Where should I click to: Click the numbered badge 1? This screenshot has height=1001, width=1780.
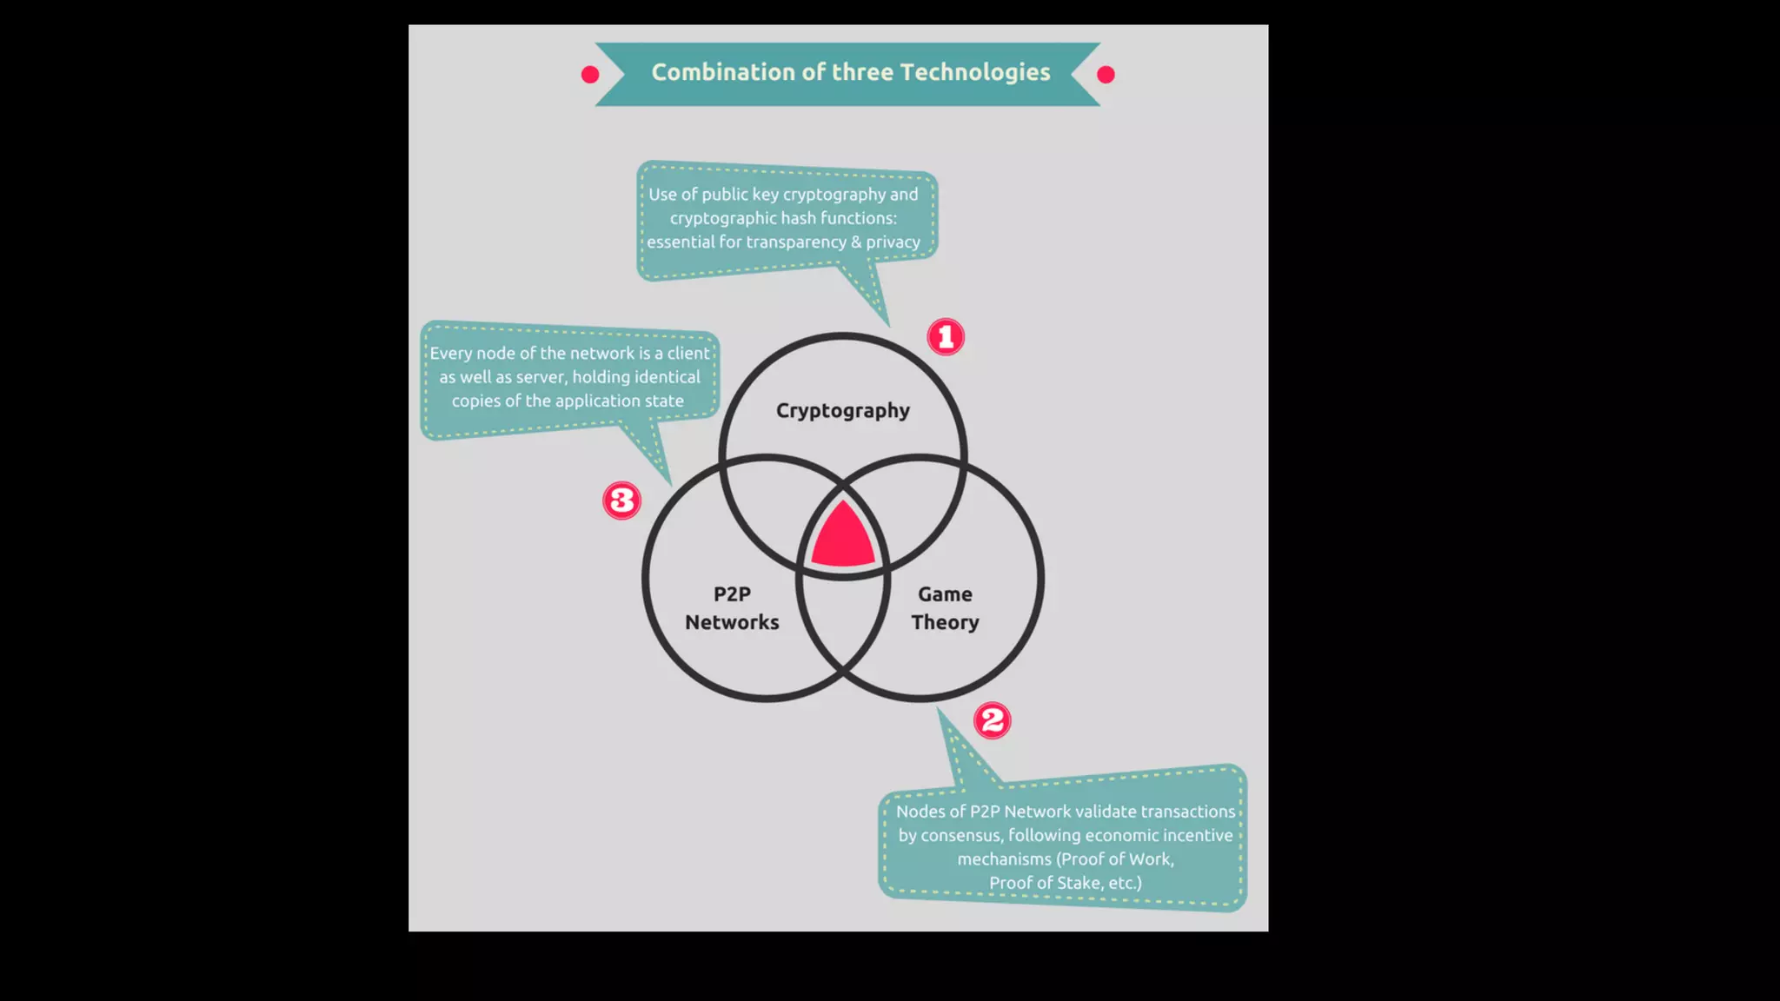coord(946,337)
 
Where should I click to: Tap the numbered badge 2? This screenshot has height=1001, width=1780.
coord(992,720)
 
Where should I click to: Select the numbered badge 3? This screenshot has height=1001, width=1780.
coord(621,500)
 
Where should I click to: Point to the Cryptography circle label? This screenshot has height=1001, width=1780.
coord(842,410)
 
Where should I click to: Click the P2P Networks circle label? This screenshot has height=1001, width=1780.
coord(732,608)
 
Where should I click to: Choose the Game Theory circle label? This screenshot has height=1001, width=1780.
coord(945,608)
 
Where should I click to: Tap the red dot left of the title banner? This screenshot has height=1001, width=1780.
coord(590,75)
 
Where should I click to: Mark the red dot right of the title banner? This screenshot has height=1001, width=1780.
coord(1106,75)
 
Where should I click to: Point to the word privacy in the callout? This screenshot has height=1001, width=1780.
coord(893,242)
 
